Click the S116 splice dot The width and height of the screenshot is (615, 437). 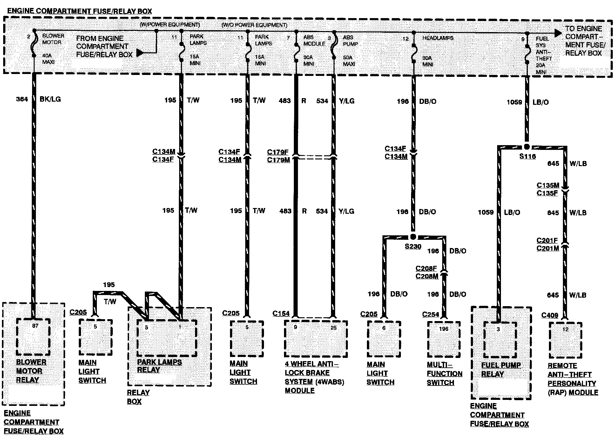pyautogui.click(x=527, y=147)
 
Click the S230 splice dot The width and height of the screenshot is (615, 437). pyautogui.click(x=413, y=237)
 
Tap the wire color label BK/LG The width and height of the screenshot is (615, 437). pyautogui.click(x=50, y=99)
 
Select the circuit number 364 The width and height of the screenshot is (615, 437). pyautogui.click(x=22, y=99)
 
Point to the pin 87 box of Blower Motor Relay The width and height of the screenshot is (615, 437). pyautogui.click(x=33, y=337)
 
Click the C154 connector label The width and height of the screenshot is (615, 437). pyautogui.click(x=281, y=314)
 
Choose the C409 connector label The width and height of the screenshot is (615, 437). pyautogui.click(x=550, y=315)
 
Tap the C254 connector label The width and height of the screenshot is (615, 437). pyautogui.click(x=430, y=314)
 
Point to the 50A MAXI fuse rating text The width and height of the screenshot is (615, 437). pyautogui.click(x=349, y=61)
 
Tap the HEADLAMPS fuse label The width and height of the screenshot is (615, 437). pyautogui.click(x=438, y=38)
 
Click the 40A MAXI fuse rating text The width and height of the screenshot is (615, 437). pyautogui.click(x=48, y=59)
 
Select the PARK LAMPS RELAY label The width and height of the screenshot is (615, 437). pyautogui.click(x=159, y=366)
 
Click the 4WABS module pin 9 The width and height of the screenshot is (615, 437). pyautogui.click(x=295, y=327)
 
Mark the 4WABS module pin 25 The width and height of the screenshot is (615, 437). pyautogui.click(x=333, y=327)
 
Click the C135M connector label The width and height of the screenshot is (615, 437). pyautogui.click(x=548, y=185)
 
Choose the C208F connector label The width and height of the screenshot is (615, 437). pyautogui.click(x=426, y=268)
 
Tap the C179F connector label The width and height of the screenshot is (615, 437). pyautogui.click(x=278, y=152)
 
